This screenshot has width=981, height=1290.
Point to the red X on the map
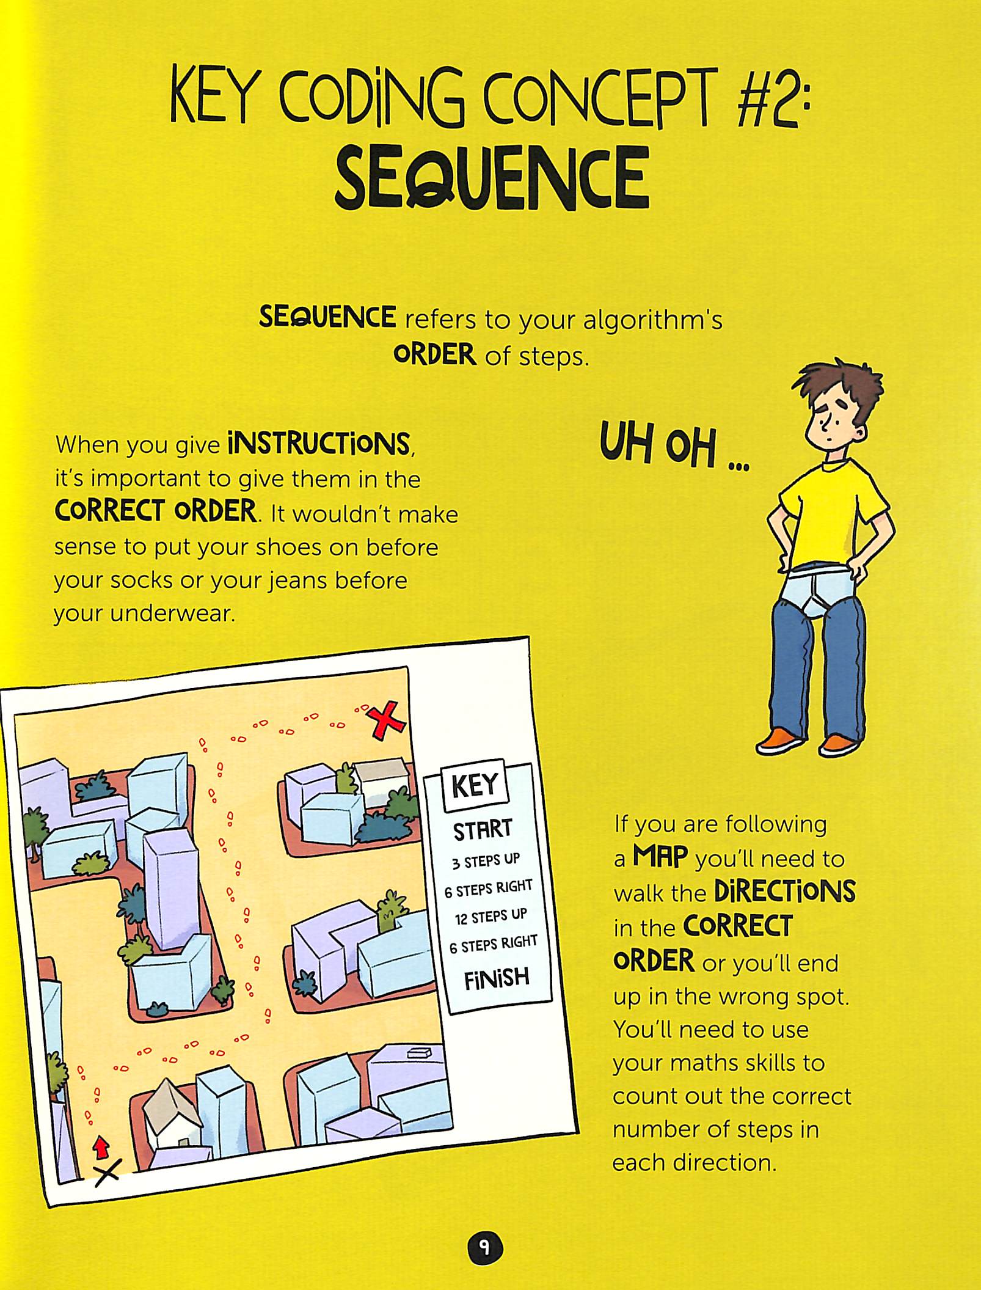[x=385, y=720]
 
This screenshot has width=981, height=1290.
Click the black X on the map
[x=108, y=1172]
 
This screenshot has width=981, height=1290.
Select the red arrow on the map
[x=101, y=1146]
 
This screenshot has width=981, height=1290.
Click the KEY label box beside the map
[x=475, y=785]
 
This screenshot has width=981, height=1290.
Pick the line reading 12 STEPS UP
[x=490, y=917]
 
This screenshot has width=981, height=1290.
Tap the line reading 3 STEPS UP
[x=486, y=861]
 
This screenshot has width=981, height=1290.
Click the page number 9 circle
[x=486, y=1247]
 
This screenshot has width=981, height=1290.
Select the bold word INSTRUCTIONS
[x=318, y=443]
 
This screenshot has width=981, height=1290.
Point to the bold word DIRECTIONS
[x=784, y=892]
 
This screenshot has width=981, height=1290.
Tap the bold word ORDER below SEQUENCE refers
[x=434, y=355]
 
